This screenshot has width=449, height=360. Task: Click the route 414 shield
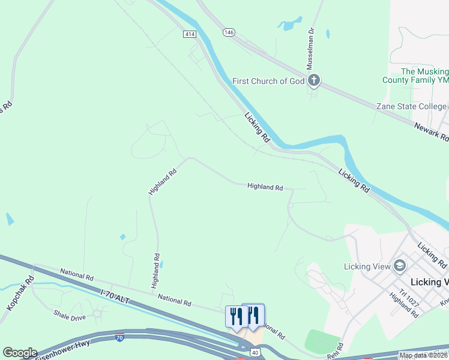pyautogui.click(x=190, y=35)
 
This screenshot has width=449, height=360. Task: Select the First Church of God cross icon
pyautogui.click(x=313, y=80)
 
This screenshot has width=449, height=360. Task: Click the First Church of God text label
pyautogui.click(x=269, y=81)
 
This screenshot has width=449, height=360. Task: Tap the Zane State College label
pyautogui.click(x=411, y=106)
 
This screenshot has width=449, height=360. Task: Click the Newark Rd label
pyautogui.click(x=432, y=130)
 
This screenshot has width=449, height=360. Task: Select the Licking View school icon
pyautogui.click(x=399, y=266)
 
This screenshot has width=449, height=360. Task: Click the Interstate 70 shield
pyautogui.click(x=120, y=338)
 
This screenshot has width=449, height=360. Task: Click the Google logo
pyautogui.click(x=20, y=353)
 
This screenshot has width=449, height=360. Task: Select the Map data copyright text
pyautogui.click(x=423, y=355)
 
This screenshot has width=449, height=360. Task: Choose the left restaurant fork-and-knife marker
pyautogui.click(x=236, y=316)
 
